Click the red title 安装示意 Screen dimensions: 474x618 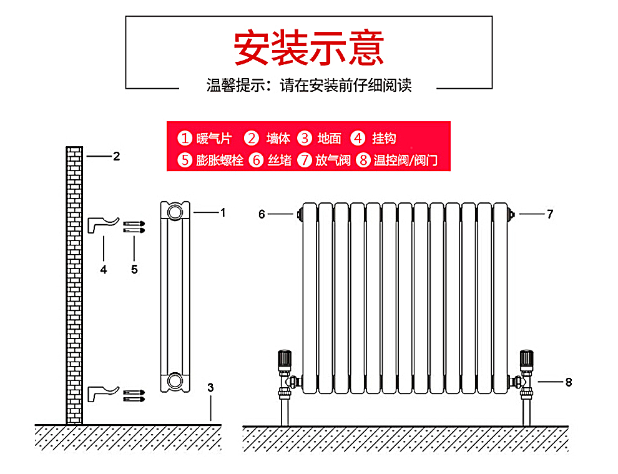pos(308,47)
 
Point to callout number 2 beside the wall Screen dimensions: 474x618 pos(116,156)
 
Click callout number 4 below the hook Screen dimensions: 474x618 pos(104,269)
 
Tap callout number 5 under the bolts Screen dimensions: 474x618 pos(134,269)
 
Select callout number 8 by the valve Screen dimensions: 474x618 pos(568,382)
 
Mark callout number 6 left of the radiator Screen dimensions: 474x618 pos(262,214)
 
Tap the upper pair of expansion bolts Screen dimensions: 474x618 pos(134,227)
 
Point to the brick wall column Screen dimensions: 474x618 pos(74,284)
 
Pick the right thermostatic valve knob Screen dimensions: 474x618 pos(527,359)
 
